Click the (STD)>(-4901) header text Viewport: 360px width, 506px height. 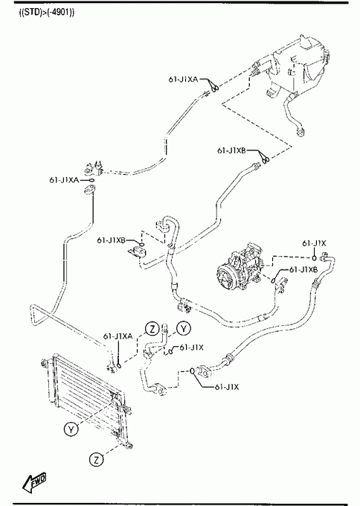[x=47, y=13]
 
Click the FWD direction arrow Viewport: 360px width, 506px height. [x=34, y=483]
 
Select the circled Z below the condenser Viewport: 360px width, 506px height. [x=96, y=460]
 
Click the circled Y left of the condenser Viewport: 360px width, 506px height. [x=71, y=429]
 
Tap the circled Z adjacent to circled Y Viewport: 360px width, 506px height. [x=152, y=329]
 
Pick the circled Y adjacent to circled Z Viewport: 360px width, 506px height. [x=184, y=328]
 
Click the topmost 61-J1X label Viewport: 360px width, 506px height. [x=314, y=243]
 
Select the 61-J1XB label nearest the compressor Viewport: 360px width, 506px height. [x=303, y=269]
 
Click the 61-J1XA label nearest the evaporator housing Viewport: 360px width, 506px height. [x=183, y=79]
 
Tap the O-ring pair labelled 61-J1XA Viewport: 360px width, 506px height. [x=213, y=86]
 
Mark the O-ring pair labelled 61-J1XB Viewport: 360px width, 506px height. [x=265, y=158]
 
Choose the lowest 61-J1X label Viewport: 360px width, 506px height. [x=227, y=387]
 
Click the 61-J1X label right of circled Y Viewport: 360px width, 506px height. [x=192, y=348]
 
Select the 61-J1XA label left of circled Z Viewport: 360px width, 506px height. [x=118, y=336]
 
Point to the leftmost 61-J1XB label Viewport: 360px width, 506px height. [x=112, y=240]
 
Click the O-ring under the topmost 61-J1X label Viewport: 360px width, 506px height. [x=314, y=257]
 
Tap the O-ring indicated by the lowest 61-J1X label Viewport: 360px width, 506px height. [x=192, y=371]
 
